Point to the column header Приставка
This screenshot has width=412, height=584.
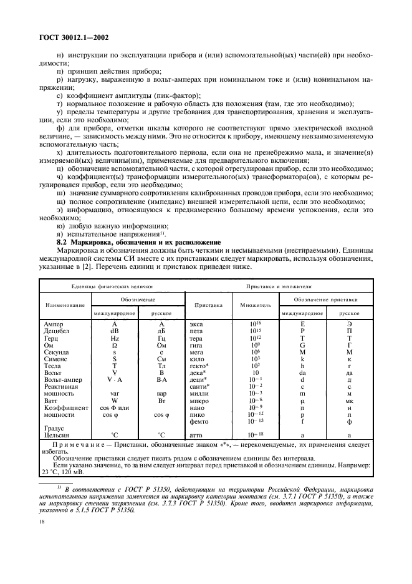click(x=208, y=306)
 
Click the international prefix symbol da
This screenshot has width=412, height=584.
click(x=302, y=373)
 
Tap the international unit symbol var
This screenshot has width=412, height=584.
click(x=114, y=394)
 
